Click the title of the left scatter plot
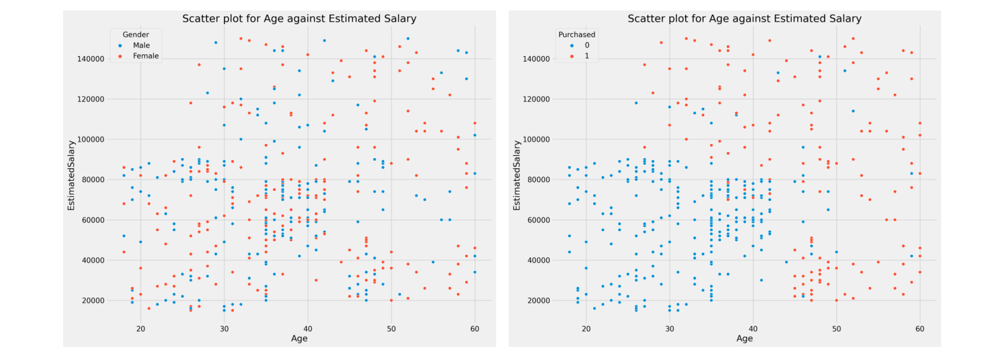[299, 19]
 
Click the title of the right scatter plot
[744, 19]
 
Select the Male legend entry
[141, 46]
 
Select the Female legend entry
[146, 56]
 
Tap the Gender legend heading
[136, 35]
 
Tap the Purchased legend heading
[576, 35]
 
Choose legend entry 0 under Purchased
[586, 46]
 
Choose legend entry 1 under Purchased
[586, 56]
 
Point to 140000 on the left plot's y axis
[90, 59]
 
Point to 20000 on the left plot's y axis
[92, 301]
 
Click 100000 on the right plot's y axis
[536, 140]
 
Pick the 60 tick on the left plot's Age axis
[475, 329]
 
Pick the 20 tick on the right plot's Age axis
[586, 329]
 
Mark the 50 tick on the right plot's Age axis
[837, 329]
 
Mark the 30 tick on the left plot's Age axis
[224, 329]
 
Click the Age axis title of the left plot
[299, 338]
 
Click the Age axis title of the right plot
[744, 338]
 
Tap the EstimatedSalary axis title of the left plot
[71, 176]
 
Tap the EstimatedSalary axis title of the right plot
[517, 176]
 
